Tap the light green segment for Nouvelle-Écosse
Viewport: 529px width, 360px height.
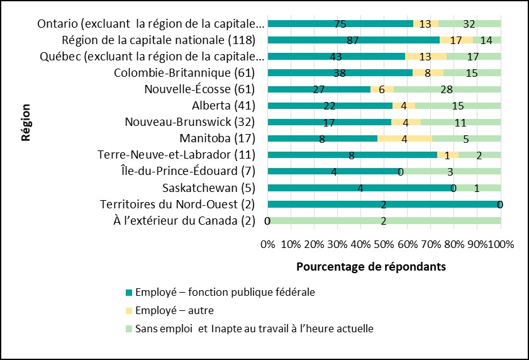pos(447,89)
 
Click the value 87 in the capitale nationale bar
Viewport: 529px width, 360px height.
pos(353,40)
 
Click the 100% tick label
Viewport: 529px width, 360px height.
pos(501,244)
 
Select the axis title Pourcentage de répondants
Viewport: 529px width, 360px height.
pos(371,266)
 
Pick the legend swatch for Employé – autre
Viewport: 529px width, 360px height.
pos(129,310)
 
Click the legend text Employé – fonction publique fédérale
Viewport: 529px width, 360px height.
pos(225,292)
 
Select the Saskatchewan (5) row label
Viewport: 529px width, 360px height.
pos(209,188)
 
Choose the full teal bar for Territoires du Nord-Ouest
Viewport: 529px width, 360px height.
pos(384,204)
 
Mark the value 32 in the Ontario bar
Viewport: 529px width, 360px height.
pos(469,24)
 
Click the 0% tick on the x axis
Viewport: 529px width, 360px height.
pos(268,244)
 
